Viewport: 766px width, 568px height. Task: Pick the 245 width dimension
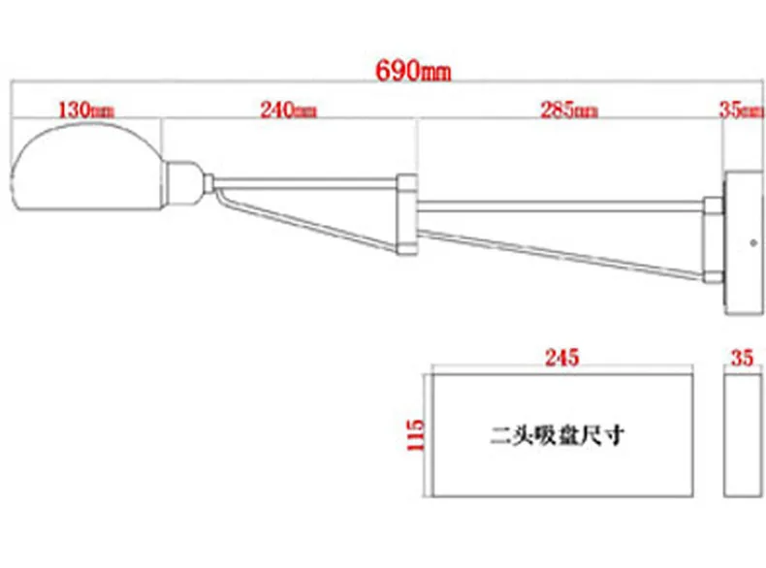click(x=560, y=357)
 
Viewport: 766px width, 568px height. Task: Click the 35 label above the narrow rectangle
click(x=742, y=357)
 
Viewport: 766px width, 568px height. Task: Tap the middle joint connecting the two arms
click(x=407, y=215)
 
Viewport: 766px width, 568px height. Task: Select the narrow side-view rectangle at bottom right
click(x=742, y=433)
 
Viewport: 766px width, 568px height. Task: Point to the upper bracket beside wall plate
click(x=714, y=206)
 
